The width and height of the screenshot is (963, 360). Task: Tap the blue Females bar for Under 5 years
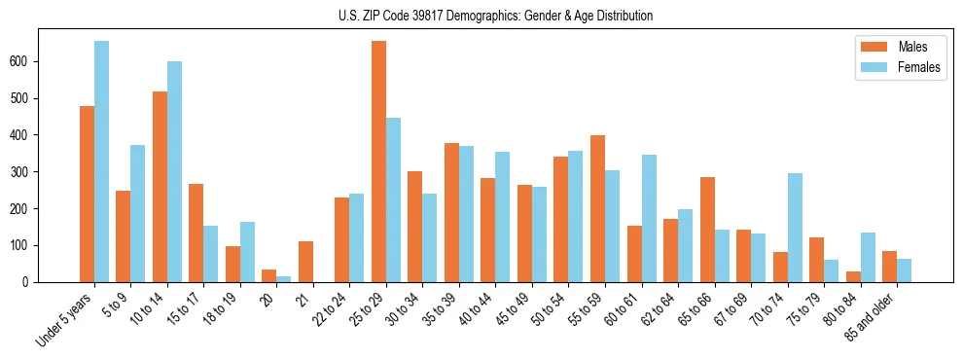pyautogui.click(x=101, y=162)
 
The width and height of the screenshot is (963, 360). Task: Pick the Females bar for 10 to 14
pyautogui.click(x=174, y=171)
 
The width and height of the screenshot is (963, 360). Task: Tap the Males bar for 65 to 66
pyautogui.click(x=707, y=230)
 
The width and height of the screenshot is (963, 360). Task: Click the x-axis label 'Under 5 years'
pyautogui.click(x=65, y=319)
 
